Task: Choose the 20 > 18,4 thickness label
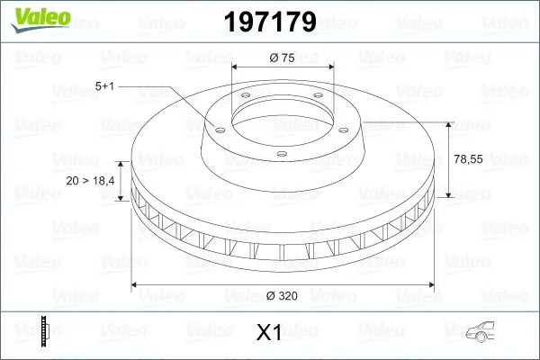coord(90,181)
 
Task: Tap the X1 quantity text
coord(270,333)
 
